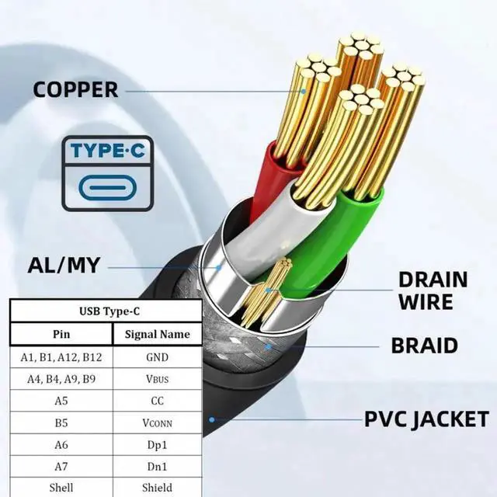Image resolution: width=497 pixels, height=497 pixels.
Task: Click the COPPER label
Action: point(75,89)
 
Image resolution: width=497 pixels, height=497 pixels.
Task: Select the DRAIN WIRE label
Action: point(433,290)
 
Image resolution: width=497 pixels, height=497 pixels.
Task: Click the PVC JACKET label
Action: point(427,420)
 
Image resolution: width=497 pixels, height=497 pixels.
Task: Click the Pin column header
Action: point(61,335)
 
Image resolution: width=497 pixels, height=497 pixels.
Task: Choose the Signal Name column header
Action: point(157,335)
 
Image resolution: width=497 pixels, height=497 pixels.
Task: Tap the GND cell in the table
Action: point(157,358)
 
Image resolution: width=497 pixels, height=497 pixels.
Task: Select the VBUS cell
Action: point(157,380)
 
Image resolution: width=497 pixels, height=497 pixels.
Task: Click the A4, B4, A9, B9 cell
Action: point(61,380)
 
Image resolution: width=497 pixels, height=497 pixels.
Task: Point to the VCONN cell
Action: point(157,424)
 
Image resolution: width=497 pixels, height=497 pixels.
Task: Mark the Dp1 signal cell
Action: point(157,446)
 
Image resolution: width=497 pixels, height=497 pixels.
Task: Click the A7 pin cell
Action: point(61,467)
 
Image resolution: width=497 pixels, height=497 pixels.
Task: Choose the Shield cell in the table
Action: point(157,488)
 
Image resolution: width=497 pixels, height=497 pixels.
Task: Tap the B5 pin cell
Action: point(61,424)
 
